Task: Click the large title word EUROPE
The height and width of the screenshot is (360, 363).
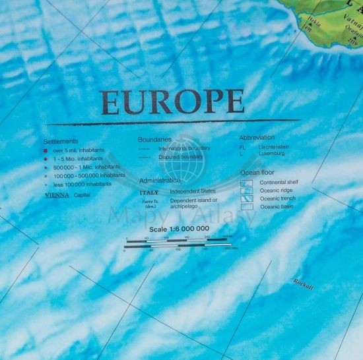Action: click(172, 102)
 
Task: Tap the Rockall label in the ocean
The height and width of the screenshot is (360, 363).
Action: click(304, 283)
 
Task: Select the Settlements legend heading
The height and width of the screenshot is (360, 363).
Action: click(61, 141)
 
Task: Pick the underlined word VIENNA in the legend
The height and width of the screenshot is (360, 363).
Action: click(56, 195)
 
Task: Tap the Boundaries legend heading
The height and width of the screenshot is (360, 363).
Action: click(154, 140)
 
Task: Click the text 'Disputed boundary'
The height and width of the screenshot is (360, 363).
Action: click(180, 157)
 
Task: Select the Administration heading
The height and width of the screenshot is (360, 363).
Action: click(159, 180)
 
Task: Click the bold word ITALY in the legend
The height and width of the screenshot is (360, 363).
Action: click(149, 192)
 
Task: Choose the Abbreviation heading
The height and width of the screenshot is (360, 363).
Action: click(257, 138)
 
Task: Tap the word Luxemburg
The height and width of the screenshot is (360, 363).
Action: click(272, 153)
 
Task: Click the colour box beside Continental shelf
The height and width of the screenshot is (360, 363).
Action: click(246, 183)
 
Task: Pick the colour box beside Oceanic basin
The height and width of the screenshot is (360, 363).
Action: click(246, 206)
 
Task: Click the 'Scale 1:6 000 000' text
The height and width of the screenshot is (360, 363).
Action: click(179, 229)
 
